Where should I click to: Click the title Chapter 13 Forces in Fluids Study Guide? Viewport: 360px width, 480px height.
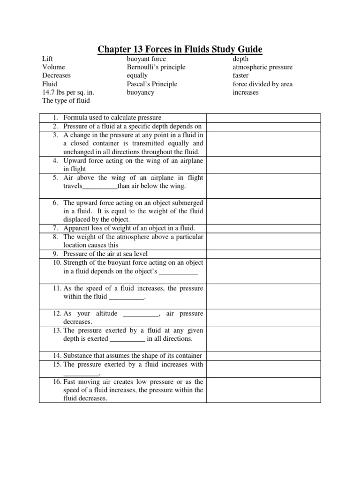[x=180, y=50]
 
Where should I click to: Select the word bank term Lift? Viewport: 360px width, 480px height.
[x=47, y=59]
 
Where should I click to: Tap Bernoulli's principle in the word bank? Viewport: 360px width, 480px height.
[x=156, y=67]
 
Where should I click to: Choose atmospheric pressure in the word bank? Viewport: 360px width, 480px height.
[x=262, y=67]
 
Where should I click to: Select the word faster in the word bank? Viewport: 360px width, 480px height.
[x=241, y=75]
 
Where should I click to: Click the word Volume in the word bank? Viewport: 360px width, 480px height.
[x=52, y=67]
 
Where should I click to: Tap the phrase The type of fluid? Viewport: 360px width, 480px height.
[x=66, y=101]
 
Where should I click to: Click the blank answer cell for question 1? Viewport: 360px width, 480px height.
[x=263, y=118]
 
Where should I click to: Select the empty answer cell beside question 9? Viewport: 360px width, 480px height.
[x=263, y=254]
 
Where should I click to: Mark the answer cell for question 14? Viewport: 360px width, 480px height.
[x=263, y=355]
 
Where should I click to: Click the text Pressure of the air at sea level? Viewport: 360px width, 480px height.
[x=105, y=254]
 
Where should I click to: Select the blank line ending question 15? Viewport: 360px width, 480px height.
[x=81, y=374]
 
